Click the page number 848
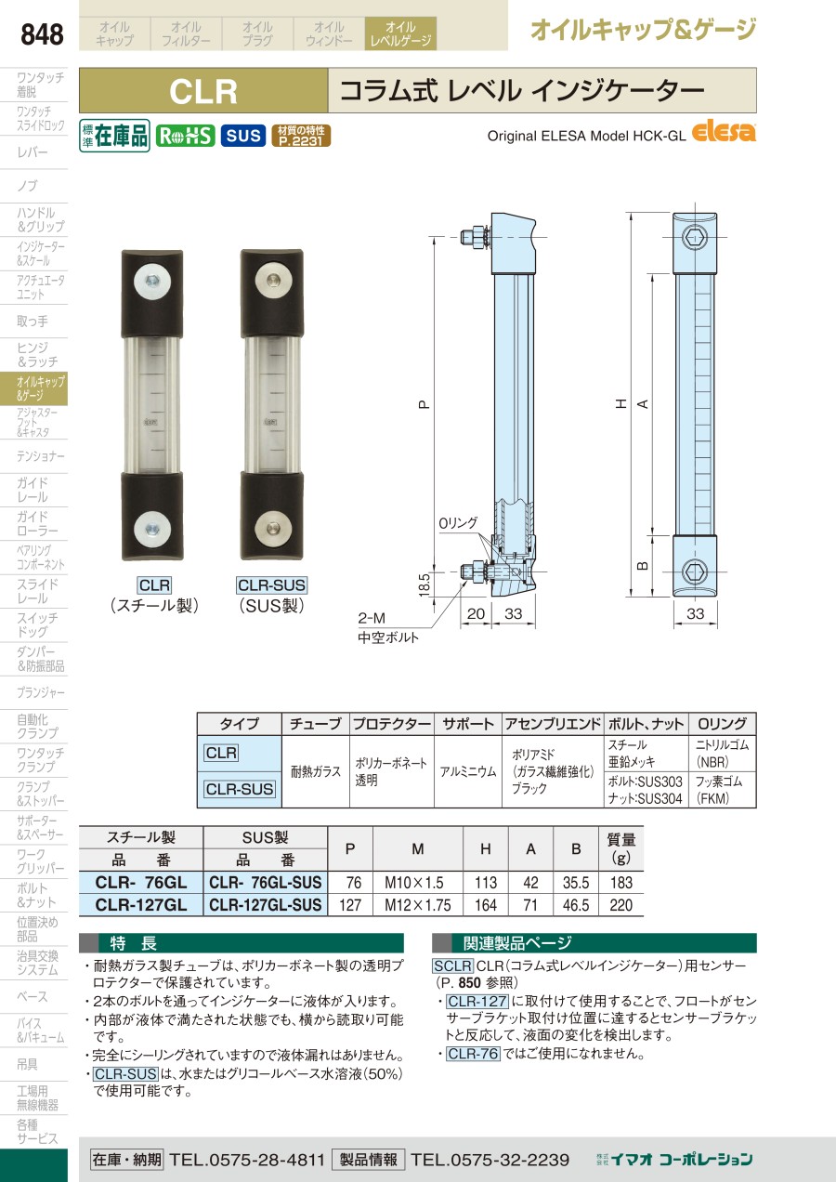tap(42, 34)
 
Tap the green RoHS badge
tap(185, 137)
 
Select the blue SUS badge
tap(242, 137)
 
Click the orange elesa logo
tap(724, 132)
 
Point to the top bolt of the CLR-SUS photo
tap(272, 281)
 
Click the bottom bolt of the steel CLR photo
tap(152, 530)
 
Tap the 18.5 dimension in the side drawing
tap(425, 584)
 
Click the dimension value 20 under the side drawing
tap(476, 613)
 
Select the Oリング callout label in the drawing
tap(458, 523)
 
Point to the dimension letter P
tap(425, 405)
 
